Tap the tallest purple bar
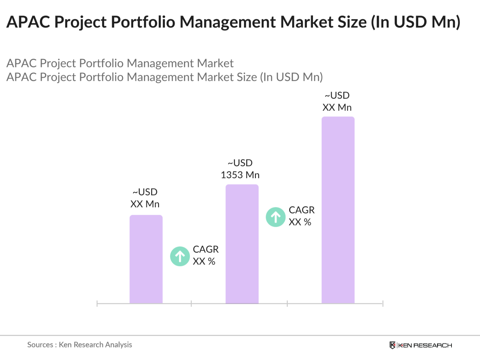click(x=338, y=210)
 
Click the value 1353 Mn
click(x=240, y=175)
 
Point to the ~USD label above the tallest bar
click(x=337, y=96)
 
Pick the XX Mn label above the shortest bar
click(x=145, y=204)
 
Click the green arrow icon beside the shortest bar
click(x=180, y=256)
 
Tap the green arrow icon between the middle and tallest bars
click(x=276, y=217)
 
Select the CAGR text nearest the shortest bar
click(x=206, y=249)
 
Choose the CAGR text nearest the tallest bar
click(x=302, y=210)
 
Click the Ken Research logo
click(x=421, y=345)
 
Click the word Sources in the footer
click(x=40, y=345)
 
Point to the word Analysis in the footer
click(x=118, y=345)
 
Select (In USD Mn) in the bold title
click(x=415, y=22)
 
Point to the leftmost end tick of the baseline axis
click(x=97, y=304)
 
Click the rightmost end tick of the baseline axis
click(x=383, y=304)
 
